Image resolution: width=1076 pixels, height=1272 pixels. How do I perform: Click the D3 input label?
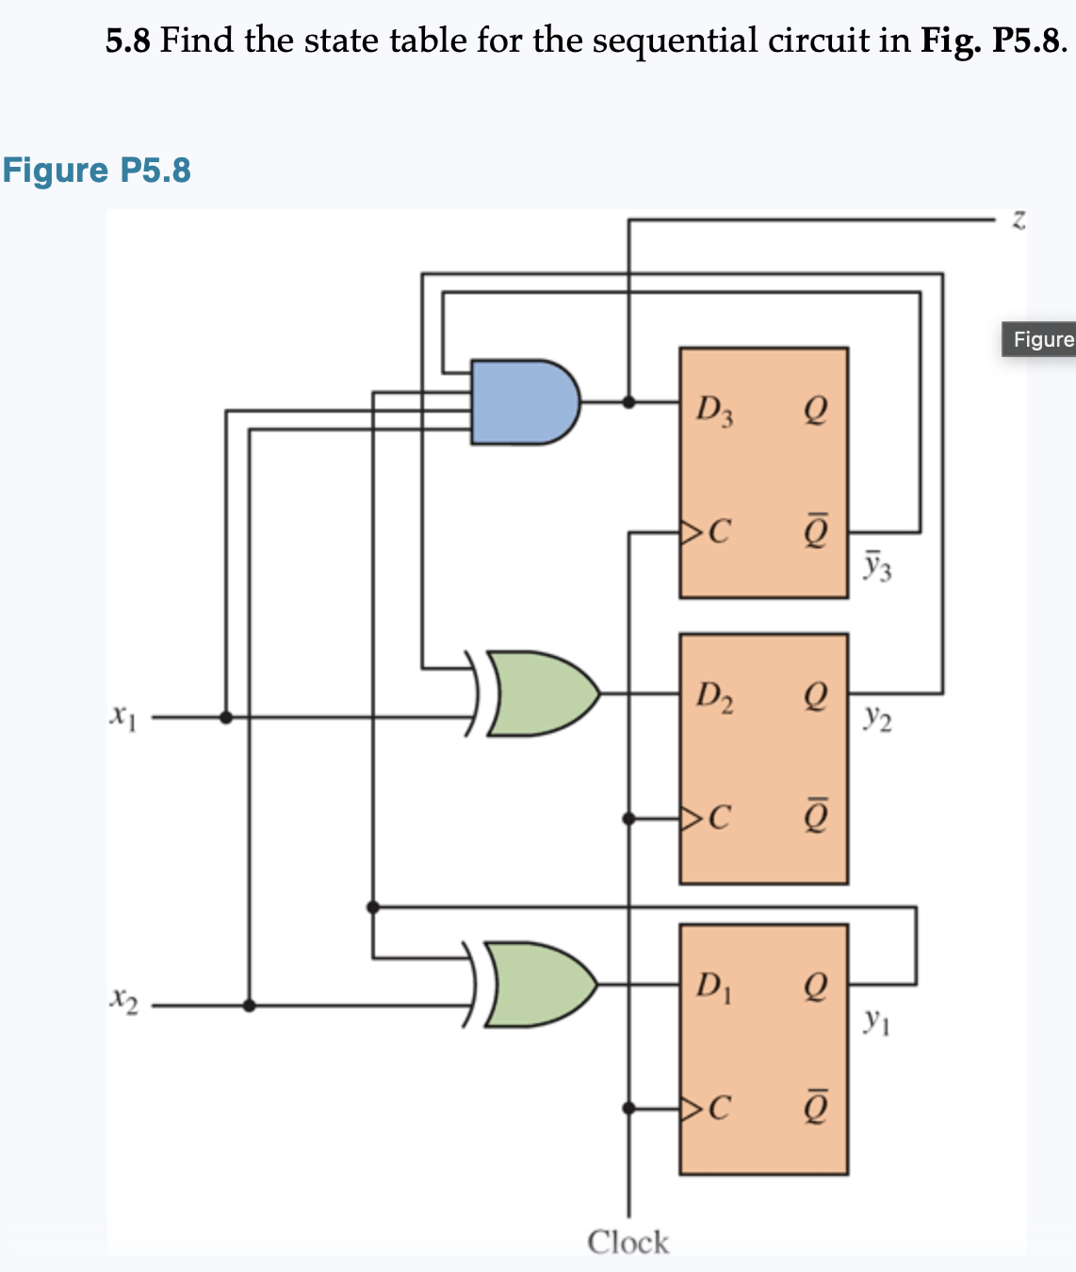click(x=714, y=410)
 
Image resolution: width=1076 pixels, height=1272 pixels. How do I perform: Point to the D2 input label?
click(x=714, y=697)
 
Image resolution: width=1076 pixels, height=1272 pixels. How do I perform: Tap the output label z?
click(x=1018, y=220)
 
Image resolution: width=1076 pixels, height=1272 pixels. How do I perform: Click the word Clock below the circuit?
click(x=628, y=1242)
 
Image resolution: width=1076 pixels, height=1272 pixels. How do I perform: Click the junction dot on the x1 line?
click(x=225, y=717)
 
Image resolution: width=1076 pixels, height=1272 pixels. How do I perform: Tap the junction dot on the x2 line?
click(x=249, y=1005)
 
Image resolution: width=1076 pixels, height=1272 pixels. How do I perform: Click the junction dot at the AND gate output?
click(x=628, y=401)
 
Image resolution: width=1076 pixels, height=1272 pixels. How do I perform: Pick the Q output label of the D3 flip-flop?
click(x=816, y=410)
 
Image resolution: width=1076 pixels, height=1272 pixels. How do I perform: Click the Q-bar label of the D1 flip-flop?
click(x=816, y=1108)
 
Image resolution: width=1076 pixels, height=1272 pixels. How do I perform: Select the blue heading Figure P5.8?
click(x=96, y=171)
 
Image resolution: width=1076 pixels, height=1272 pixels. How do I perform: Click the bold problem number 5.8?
click(x=127, y=41)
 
